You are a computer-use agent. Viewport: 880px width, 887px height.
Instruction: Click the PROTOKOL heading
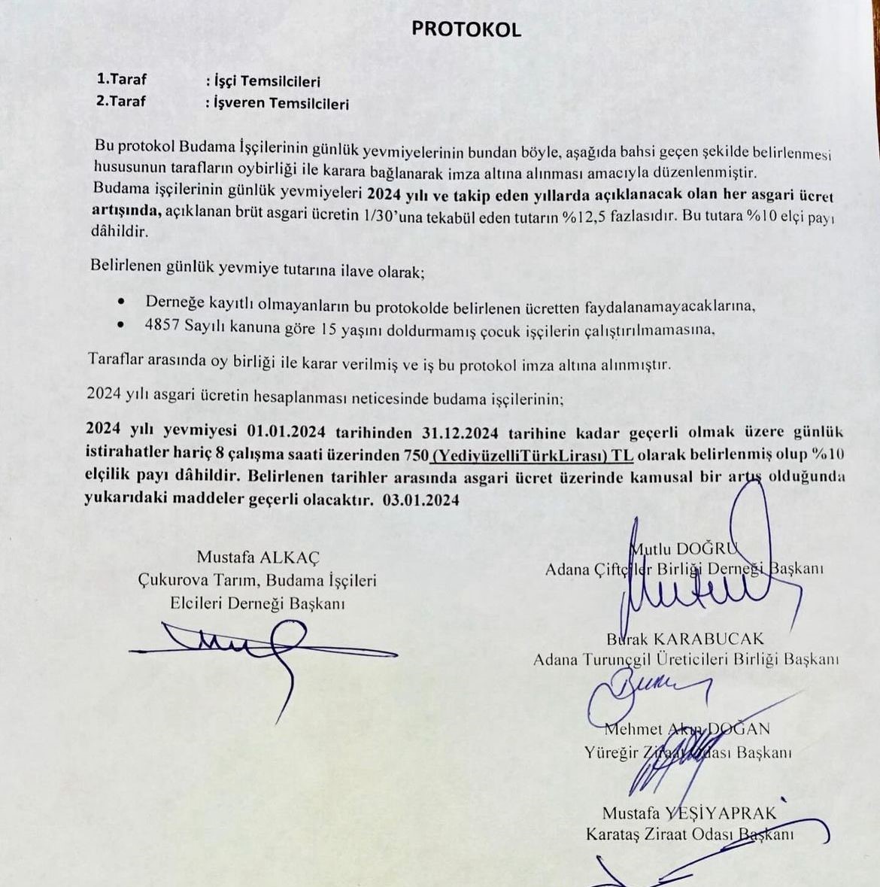pyautogui.click(x=466, y=29)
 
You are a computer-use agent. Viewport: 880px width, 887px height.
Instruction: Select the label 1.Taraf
pyautogui.click(x=122, y=79)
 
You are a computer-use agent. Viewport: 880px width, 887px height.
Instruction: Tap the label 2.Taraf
pyautogui.click(x=122, y=101)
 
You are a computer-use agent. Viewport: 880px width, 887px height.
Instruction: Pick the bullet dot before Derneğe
pyautogui.click(x=122, y=301)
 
